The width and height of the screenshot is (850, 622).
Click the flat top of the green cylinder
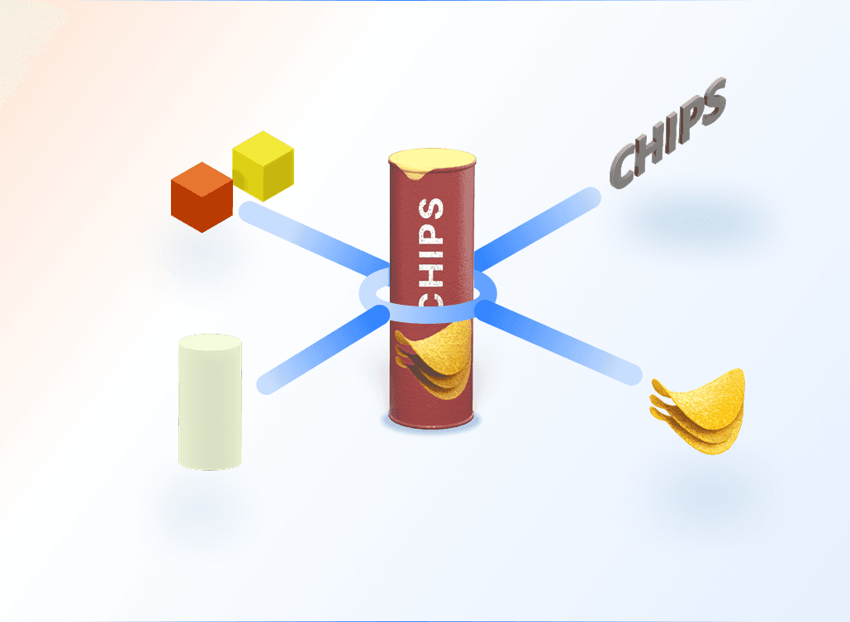click(210, 341)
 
